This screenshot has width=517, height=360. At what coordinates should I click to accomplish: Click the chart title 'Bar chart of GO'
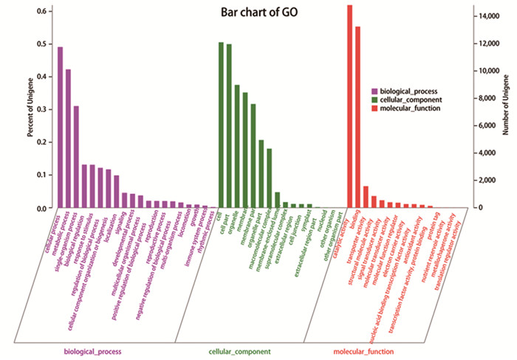tap(258, 13)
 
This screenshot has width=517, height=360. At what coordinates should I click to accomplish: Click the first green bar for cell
tap(221, 125)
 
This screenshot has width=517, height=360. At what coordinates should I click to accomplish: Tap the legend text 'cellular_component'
tap(411, 99)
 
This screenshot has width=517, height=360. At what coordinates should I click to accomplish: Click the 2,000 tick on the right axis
tap(485, 180)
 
